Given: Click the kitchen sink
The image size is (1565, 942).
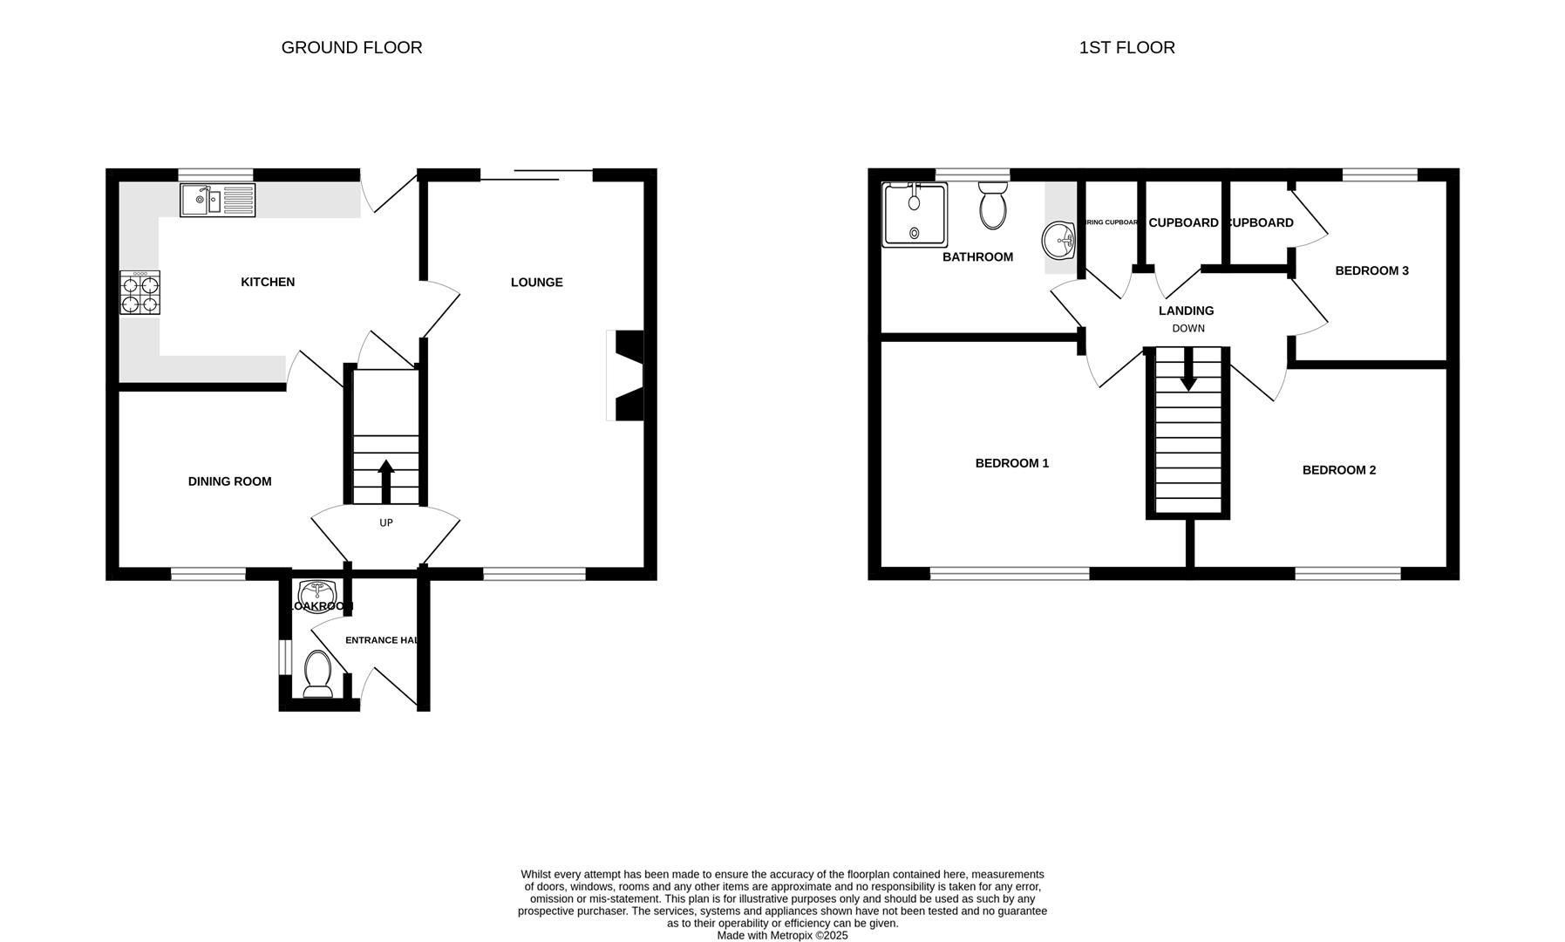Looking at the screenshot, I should click(217, 200).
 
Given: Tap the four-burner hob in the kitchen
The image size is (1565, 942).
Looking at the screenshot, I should click(140, 292).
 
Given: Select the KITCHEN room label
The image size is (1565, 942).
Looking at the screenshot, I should click(268, 282).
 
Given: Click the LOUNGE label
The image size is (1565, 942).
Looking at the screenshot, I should click(536, 282).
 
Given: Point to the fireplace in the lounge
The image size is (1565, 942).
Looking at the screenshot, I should click(627, 375).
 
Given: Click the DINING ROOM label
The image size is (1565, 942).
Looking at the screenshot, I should click(229, 481).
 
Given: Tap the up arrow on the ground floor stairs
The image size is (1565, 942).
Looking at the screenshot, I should click(386, 480).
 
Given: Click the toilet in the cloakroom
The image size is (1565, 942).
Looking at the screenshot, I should click(317, 676).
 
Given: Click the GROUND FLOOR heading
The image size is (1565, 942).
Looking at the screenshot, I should click(351, 48).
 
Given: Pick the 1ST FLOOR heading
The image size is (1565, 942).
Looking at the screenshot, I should click(1126, 48).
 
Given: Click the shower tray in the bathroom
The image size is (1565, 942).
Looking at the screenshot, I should click(914, 215).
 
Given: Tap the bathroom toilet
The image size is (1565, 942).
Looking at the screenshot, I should click(993, 206).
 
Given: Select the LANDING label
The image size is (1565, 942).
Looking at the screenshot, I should click(1186, 311).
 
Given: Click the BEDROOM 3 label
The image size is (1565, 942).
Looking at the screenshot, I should click(1371, 270).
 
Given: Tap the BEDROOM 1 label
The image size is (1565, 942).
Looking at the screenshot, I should click(1011, 463).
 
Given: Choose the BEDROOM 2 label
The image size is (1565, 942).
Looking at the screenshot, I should click(1338, 470).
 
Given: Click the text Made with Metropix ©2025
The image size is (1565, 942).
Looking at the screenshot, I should click(782, 935).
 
